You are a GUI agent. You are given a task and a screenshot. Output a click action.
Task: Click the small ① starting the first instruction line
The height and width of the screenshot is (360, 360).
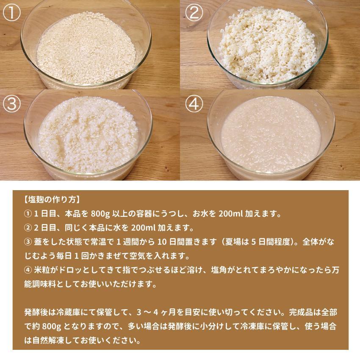(28, 213)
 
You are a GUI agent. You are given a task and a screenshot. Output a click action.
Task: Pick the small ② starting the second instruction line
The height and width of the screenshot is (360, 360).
(28, 227)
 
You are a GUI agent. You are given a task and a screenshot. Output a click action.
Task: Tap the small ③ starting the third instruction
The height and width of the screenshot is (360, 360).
(28, 242)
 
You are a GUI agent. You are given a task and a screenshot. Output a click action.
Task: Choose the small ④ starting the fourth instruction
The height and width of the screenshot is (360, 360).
(28, 271)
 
